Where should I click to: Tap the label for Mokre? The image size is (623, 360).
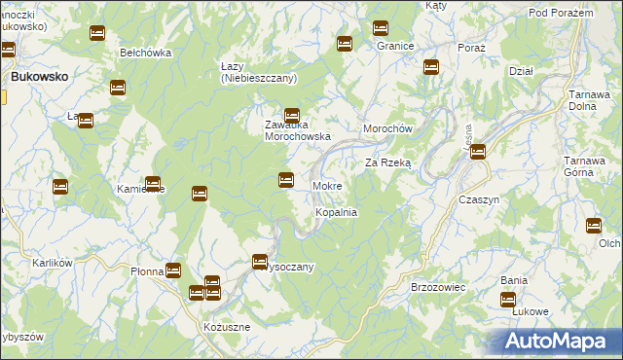click(x=326, y=186)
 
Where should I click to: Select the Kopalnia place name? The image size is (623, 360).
click(x=336, y=212)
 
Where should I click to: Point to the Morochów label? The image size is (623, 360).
click(x=389, y=130)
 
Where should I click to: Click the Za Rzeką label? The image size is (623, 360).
click(x=388, y=163)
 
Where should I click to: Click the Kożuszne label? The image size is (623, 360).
click(x=227, y=327)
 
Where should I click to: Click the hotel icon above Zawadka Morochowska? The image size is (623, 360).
click(x=291, y=115)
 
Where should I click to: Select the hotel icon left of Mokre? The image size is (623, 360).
click(x=286, y=179)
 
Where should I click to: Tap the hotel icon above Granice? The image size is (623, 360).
click(x=381, y=28)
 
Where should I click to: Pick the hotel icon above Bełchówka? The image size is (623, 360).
click(x=96, y=33)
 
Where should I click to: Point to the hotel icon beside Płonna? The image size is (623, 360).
click(x=173, y=270)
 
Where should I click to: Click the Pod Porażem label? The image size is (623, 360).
click(x=561, y=12)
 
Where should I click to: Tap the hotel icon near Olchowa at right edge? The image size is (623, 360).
click(x=594, y=226)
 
